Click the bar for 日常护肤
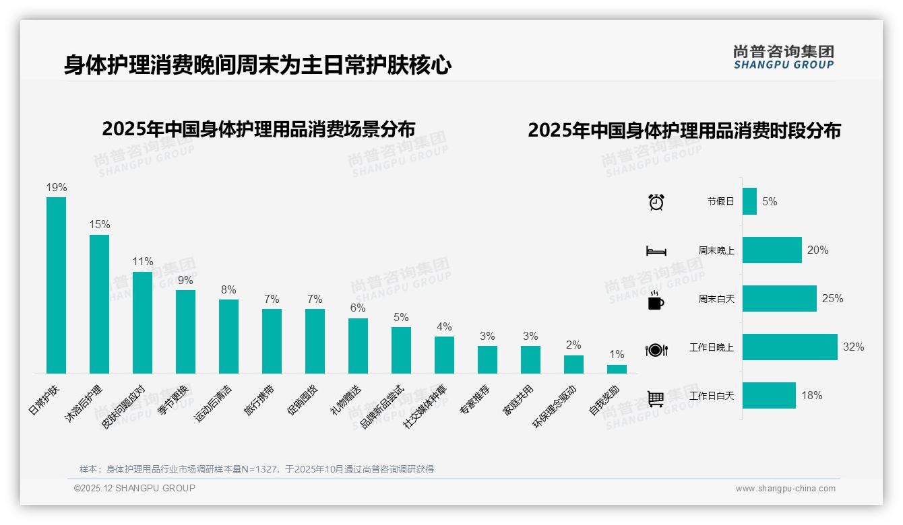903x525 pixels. (57, 285)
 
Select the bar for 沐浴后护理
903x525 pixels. (99, 304)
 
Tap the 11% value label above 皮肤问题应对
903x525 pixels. (142, 261)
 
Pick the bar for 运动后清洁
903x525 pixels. (228, 336)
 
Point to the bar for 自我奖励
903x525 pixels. (617, 369)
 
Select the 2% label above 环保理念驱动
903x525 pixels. (573, 345)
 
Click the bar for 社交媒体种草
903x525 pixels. (444, 355)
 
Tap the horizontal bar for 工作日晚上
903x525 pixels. (790, 347)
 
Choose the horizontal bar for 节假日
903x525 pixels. (749, 201)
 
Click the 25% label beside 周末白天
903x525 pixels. (832, 299)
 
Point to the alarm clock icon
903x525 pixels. (656, 202)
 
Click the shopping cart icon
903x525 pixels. (656, 398)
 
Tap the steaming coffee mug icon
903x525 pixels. (656, 300)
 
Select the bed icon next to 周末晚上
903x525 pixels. (656, 251)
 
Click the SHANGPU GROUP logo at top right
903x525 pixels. (784, 57)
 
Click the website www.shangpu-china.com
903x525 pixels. (785, 489)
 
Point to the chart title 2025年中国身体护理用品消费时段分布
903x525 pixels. (684, 131)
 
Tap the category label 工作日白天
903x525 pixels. (712, 396)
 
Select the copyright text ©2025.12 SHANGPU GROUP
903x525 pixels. (135, 488)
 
